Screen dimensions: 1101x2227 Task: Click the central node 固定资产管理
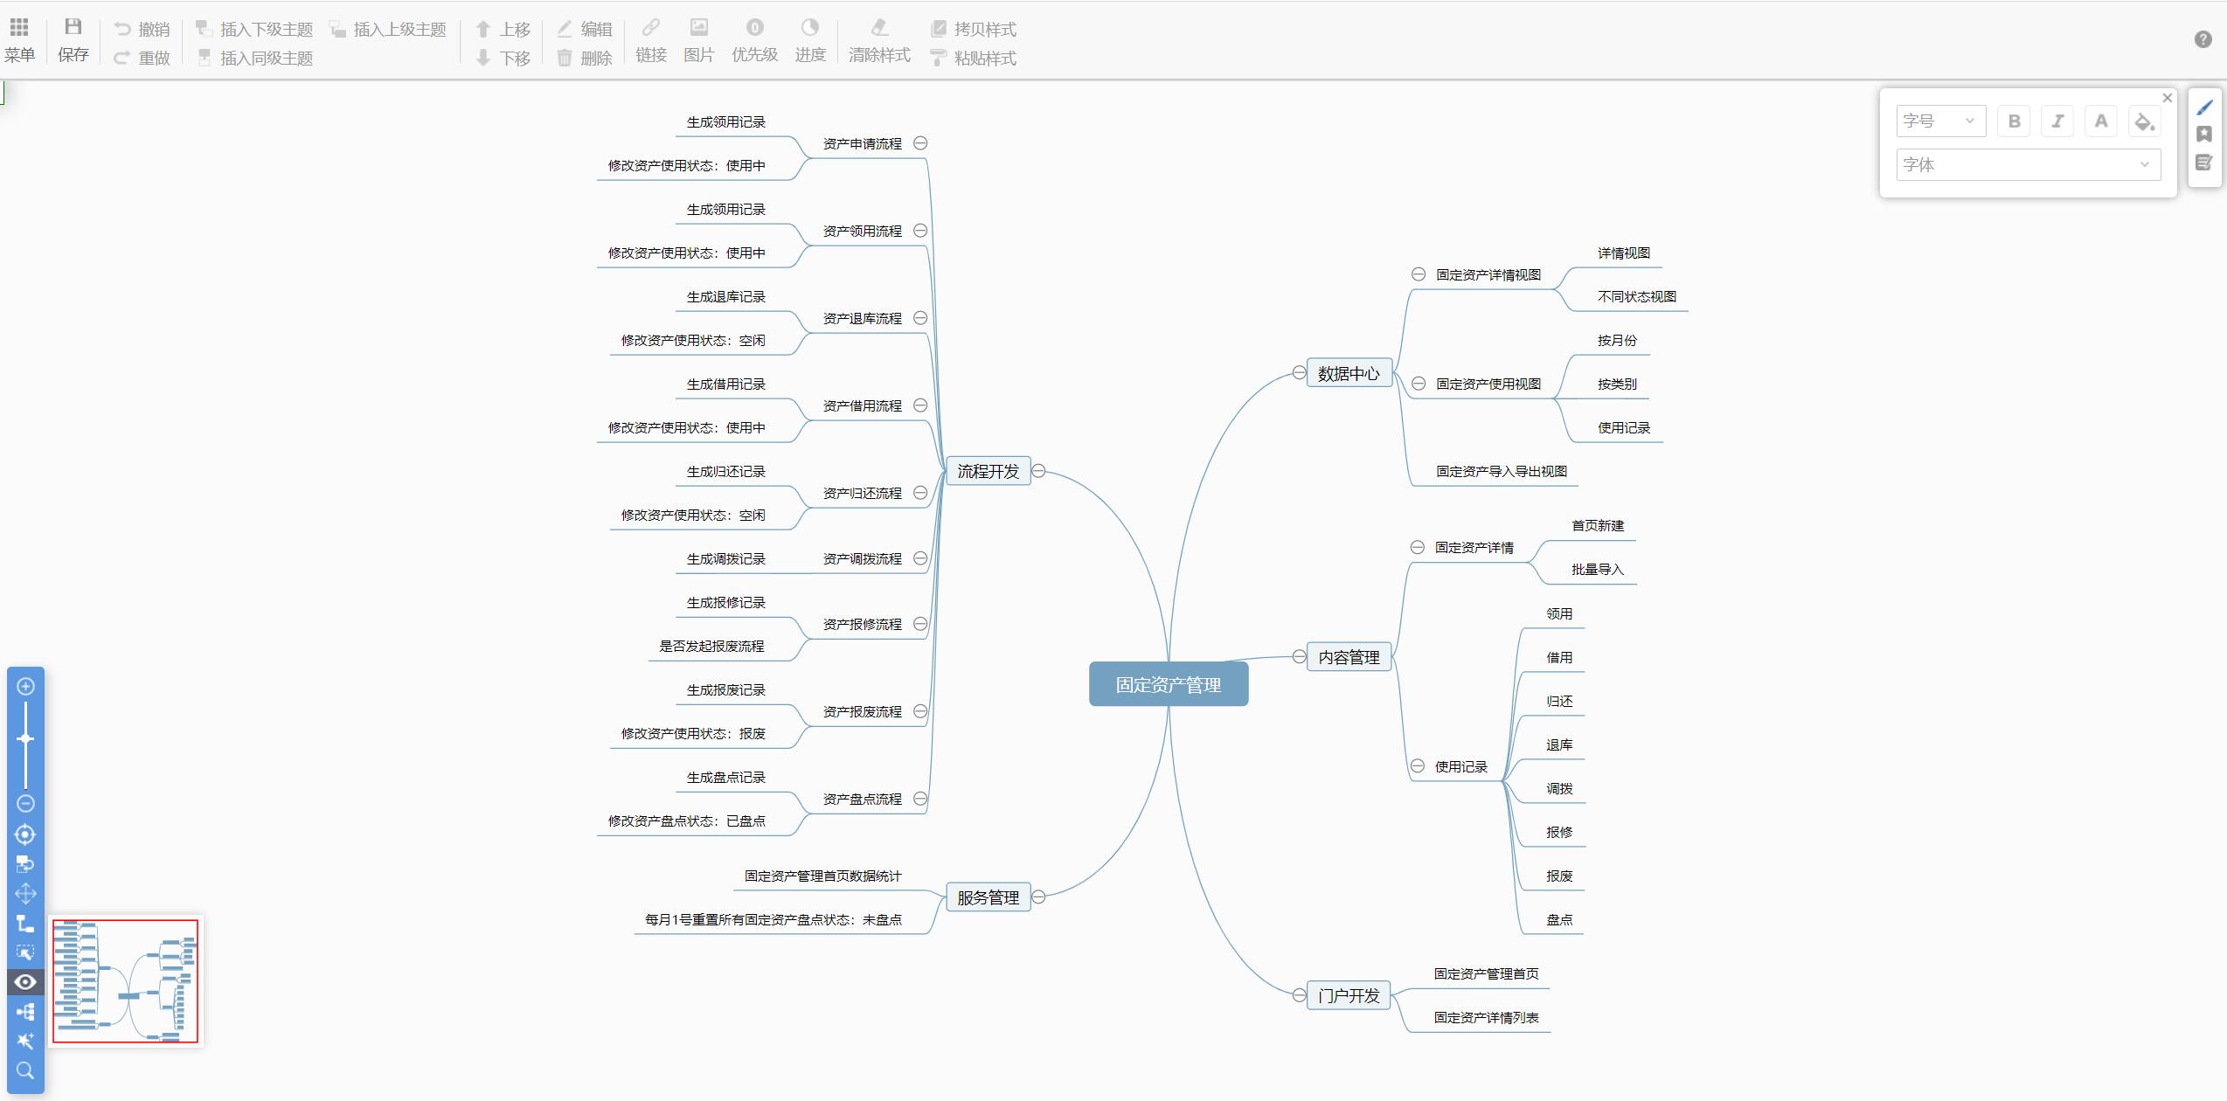click(1168, 684)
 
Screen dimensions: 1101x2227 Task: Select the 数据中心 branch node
click(1348, 374)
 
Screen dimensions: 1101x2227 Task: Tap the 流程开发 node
click(988, 472)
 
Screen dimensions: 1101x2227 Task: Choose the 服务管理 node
click(988, 897)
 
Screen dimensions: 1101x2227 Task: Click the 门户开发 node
click(1348, 995)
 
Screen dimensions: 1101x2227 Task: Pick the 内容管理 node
click(1348, 657)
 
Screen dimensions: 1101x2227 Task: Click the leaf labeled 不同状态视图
click(1636, 297)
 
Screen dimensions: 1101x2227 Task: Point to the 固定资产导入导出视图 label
click(1501, 472)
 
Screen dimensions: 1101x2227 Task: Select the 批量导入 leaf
click(1597, 570)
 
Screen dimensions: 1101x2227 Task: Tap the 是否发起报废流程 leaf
click(711, 647)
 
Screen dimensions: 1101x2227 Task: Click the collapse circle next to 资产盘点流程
click(920, 799)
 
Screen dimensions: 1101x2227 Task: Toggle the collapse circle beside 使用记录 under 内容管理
click(1418, 766)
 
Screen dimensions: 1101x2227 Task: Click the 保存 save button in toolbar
click(73, 40)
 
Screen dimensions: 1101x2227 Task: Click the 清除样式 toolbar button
click(879, 40)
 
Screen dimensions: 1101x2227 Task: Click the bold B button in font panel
click(2014, 121)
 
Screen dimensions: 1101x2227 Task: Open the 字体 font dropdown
click(2028, 164)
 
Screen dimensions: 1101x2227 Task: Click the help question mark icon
click(2203, 39)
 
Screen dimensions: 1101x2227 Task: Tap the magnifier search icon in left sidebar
click(25, 1070)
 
